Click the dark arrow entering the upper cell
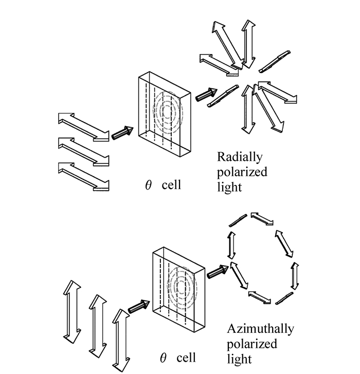pos(122,133)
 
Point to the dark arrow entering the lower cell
pos(138,306)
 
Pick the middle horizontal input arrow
pos(83,152)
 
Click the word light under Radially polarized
pos(229,185)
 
